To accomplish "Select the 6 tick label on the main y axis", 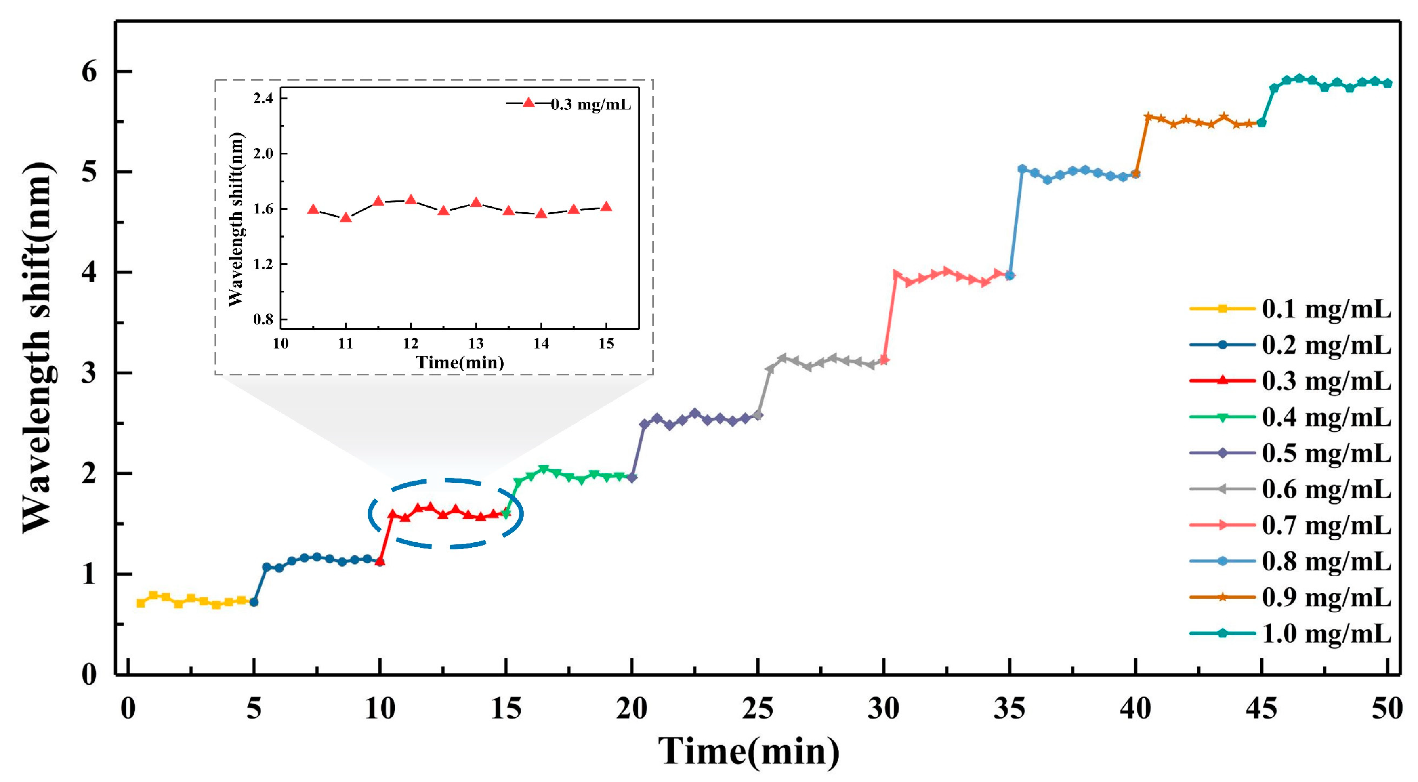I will (x=89, y=72).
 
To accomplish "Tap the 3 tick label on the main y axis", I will (x=89, y=373).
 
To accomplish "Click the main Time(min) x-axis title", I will (x=749, y=751).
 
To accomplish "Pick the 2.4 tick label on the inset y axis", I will (x=263, y=99).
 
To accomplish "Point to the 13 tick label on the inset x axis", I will (x=476, y=344).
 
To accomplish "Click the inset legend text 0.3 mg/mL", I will (x=590, y=105).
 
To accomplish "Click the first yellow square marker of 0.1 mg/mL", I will (x=141, y=603).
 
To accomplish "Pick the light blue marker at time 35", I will (x=1010, y=275).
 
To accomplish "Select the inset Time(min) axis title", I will (x=460, y=362).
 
